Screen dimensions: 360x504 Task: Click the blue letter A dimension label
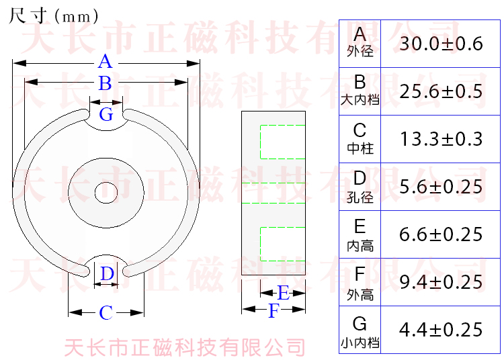point(105,62)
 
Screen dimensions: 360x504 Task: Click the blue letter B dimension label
point(105,84)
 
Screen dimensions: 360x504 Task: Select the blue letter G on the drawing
point(106,115)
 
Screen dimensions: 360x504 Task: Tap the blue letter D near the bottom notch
point(107,274)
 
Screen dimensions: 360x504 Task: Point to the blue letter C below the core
point(106,313)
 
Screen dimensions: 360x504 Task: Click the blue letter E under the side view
point(283,293)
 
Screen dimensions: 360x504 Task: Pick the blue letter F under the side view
point(274,311)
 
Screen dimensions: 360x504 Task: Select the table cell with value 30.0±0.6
point(441,44)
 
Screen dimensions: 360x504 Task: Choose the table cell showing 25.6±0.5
point(441,91)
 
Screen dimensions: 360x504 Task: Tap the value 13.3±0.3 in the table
point(441,139)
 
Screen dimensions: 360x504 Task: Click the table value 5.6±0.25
point(441,187)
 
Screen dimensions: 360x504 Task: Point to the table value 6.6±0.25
point(441,234)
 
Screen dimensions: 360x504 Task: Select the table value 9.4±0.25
point(441,282)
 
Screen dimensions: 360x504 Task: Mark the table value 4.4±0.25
point(441,330)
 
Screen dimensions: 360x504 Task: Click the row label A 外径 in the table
point(360,42)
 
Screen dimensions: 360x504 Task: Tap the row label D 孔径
point(360,187)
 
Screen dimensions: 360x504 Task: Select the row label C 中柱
point(360,138)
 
